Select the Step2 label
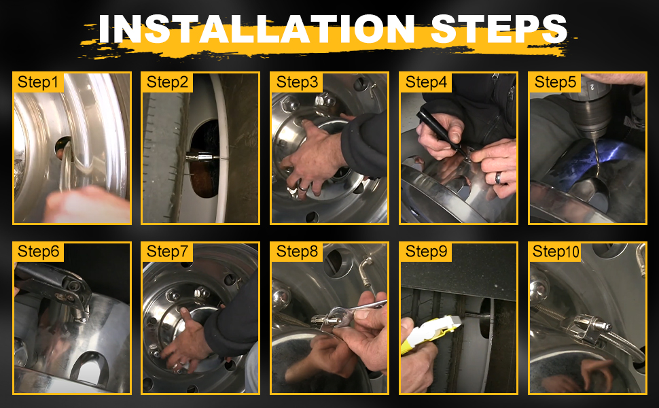168,82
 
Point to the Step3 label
297,82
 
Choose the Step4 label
426,82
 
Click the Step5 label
555,82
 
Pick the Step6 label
39,252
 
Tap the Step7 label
168,252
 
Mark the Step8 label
297,252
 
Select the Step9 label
426,252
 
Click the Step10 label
556,252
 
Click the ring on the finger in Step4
499,178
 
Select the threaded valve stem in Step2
197,156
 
